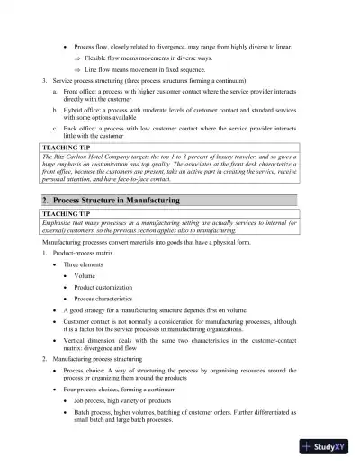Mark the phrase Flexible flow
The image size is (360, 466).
click(107, 57)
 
